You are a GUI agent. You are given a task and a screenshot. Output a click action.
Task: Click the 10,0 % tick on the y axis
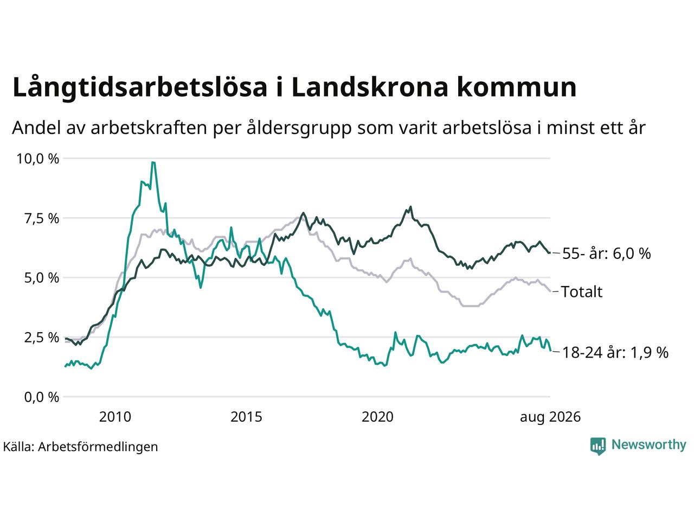37,159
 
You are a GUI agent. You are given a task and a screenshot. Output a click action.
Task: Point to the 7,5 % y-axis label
42,219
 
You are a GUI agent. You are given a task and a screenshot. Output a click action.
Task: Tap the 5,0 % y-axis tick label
42,278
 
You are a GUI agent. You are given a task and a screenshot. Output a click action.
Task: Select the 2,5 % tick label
42,338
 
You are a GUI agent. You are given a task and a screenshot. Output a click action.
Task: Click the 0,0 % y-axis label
42,397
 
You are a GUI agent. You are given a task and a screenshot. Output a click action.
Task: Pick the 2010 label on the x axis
115,417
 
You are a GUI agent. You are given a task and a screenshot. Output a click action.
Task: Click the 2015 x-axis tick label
246,417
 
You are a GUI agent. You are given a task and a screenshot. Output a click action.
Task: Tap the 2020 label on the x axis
377,417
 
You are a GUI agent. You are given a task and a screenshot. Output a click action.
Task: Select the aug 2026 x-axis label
550,417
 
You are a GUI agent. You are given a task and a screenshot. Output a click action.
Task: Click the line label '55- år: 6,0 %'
606,253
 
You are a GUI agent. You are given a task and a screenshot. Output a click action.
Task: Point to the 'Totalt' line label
582,291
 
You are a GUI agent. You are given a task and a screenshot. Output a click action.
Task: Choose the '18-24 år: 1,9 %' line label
615,352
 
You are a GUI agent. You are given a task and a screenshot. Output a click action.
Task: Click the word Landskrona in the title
370,87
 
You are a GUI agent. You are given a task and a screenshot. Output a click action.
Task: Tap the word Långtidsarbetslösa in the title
140,87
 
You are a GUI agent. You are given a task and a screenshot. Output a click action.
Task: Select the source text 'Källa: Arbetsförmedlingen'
80,447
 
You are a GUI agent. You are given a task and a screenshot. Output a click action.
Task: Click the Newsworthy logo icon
598,446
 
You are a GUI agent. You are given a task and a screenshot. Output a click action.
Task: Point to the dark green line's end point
550,252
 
